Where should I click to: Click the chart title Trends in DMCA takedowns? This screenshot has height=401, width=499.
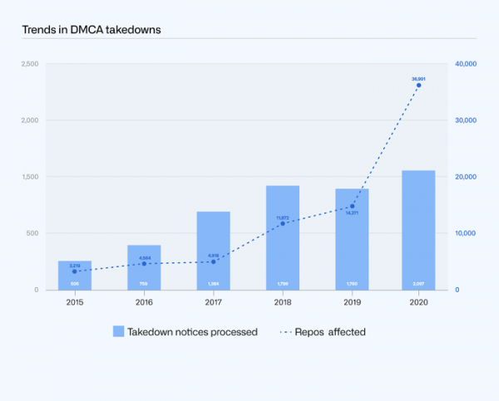pyautogui.click(x=91, y=30)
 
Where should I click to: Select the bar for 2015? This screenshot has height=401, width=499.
pyautogui.click(x=75, y=275)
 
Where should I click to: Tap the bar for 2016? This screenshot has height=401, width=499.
pyautogui.click(x=144, y=267)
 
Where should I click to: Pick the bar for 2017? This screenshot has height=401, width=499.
pyautogui.click(x=213, y=251)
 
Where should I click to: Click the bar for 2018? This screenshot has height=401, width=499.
pyautogui.click(x=282, y=237)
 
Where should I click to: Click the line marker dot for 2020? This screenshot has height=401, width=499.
pyautogui.click(x=418, y=85)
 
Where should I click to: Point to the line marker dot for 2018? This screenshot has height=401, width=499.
pyautogui.click(x=282, y=223)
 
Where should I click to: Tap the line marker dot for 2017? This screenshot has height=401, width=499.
pyautogui.click(x=213, y=262)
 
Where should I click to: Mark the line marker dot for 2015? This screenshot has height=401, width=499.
pyautogui.click(x=75, y=271)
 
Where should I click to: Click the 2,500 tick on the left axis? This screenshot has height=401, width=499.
pyautogui.click(x=29, y=64)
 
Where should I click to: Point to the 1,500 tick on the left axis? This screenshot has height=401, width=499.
pyautogui.click(x=29, y=177)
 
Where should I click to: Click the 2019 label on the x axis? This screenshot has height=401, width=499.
pyautogui.click(x=352, y=301)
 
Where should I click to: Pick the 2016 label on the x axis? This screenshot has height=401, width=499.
pyautogui.click(x=144, y=301)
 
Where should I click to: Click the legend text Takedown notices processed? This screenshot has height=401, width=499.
pyautogui.click(x=192, y=332)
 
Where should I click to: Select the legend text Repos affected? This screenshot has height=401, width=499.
pyautogui.click(x=335, y=332)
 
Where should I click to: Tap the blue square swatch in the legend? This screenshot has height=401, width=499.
pyautogui.click(x=119, y=331)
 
